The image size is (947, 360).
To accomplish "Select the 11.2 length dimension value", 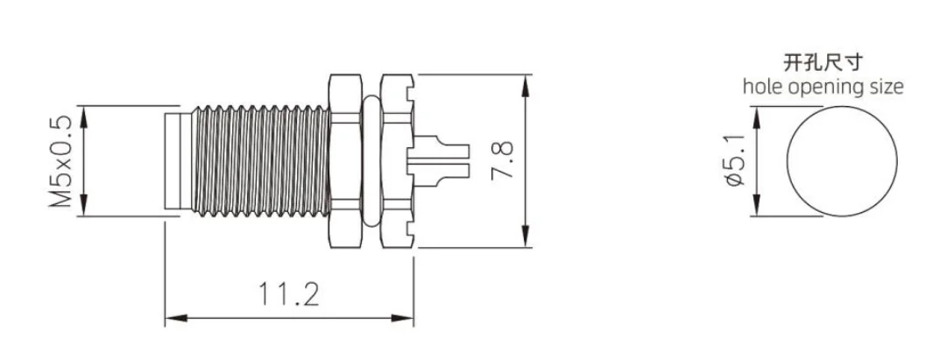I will (x=289, y=295).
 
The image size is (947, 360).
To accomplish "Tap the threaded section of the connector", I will (x=258, y=161).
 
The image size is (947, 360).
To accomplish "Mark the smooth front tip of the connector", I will (x=175, y=161).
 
